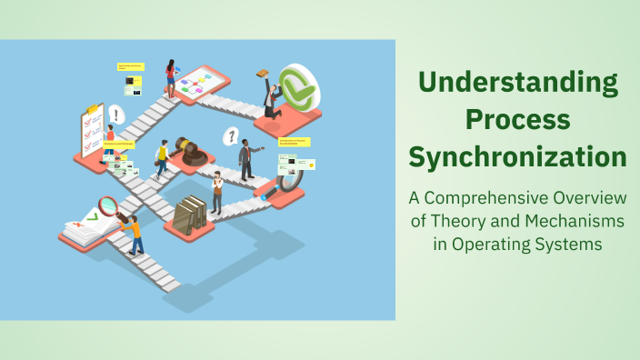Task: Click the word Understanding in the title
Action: click(x=517, y=85)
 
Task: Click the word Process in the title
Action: click(x=517, y=119)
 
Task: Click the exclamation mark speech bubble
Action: click(x=116, y=115)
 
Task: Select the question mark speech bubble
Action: click(x=232, y=136)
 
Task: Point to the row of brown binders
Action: click(x=191, y=214)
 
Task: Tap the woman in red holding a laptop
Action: click(x=170, y=78)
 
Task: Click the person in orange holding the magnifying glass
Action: click(x=135, y=234)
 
